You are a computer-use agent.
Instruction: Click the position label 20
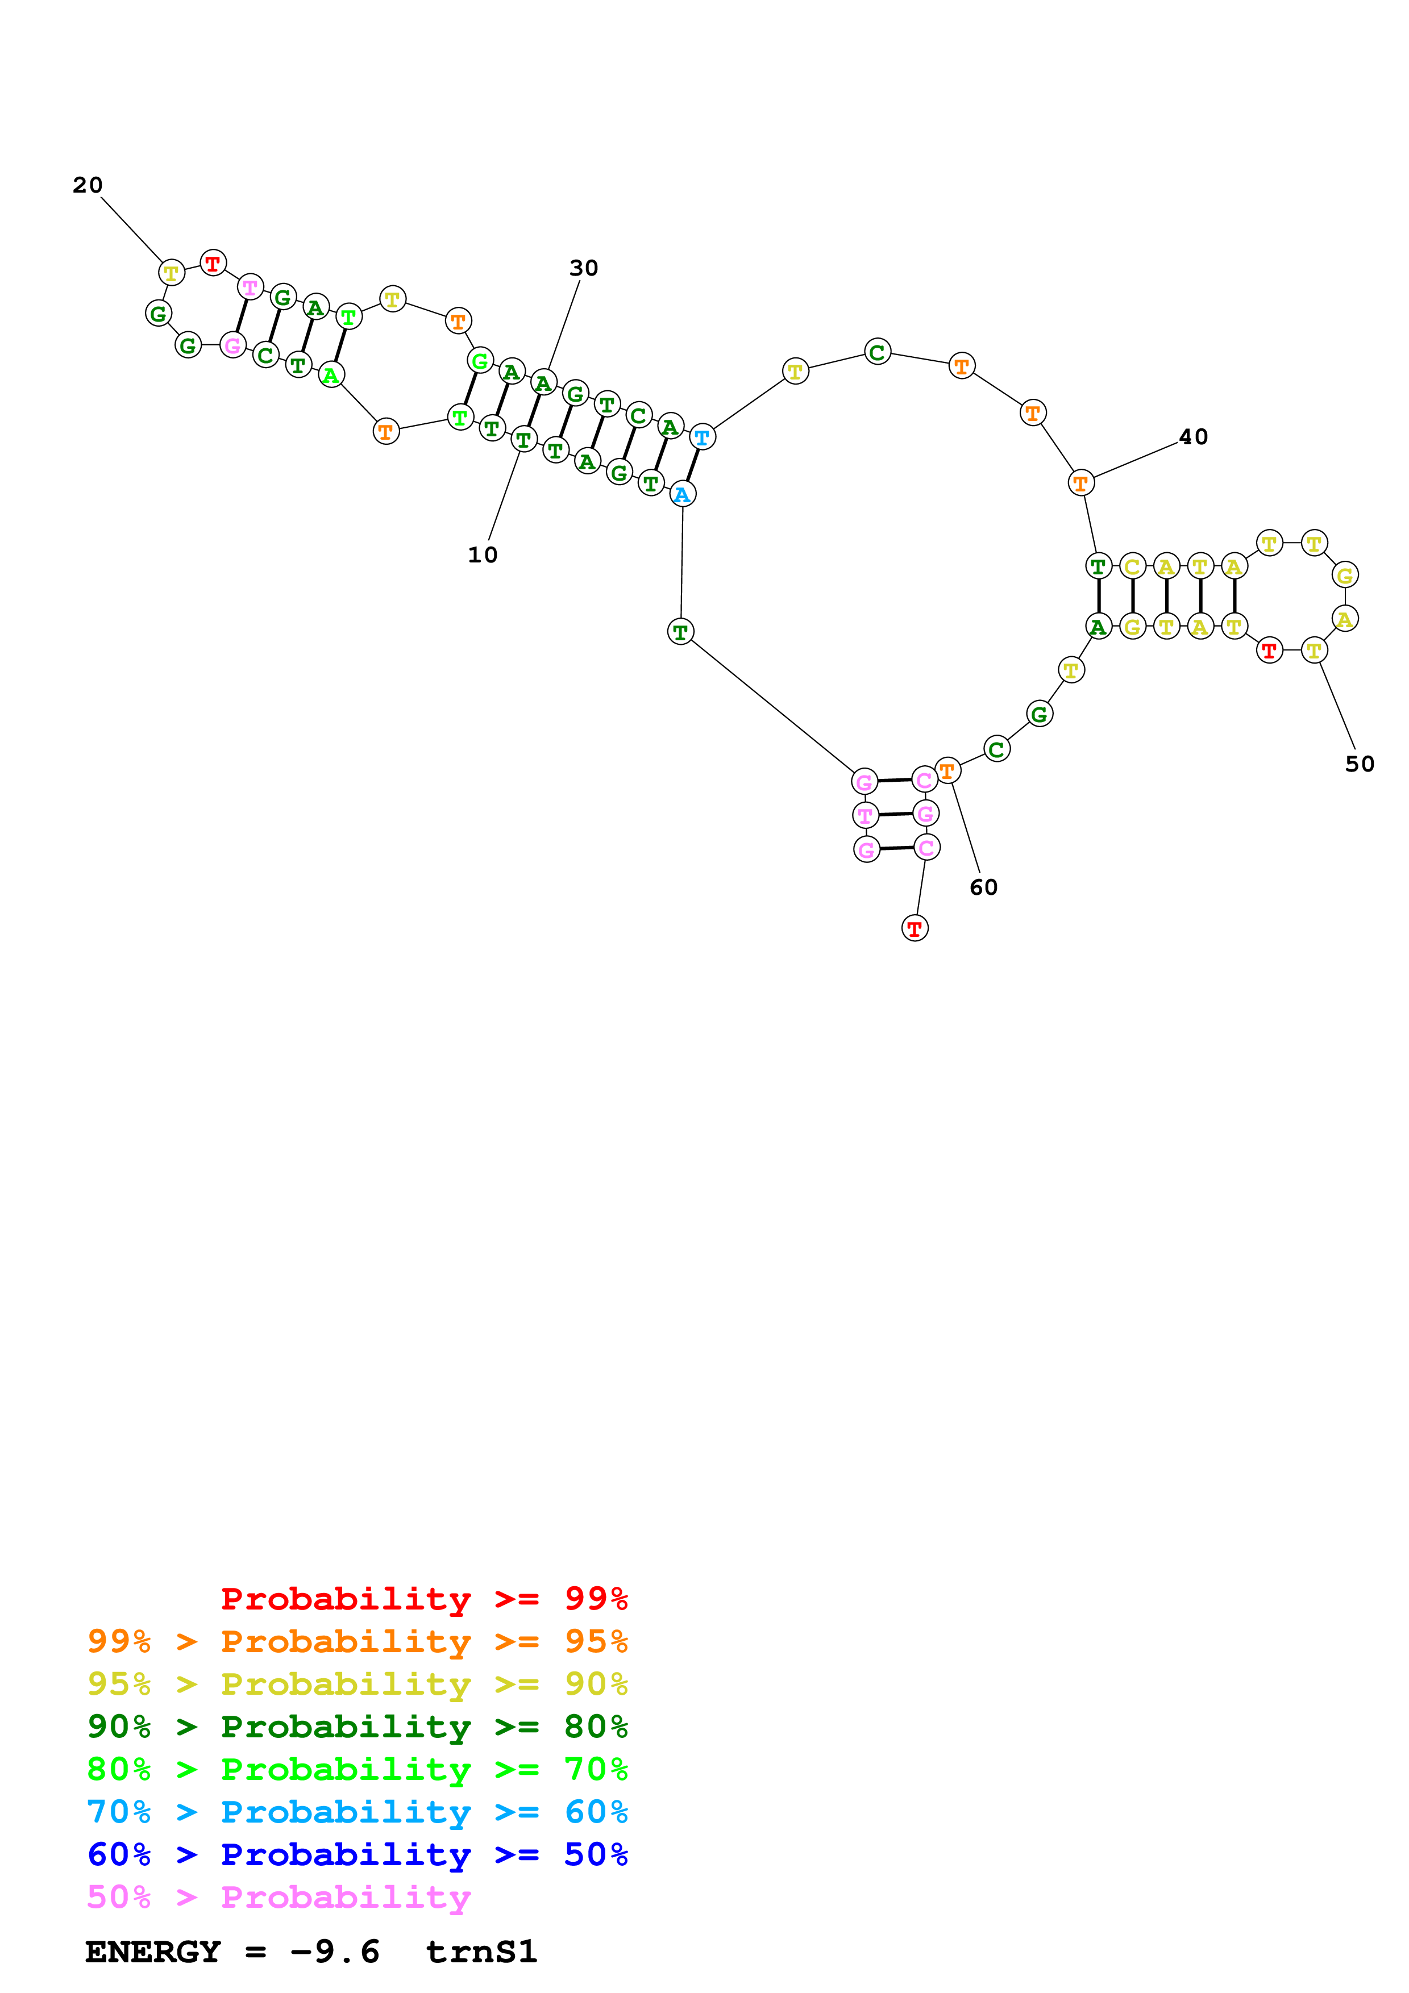coord(88,185)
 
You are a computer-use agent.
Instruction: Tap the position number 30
coord(583,268)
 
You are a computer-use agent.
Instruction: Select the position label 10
coord(483,554)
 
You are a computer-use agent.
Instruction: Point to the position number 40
coord(1193,437)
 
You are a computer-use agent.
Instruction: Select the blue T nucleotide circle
coord(701,437)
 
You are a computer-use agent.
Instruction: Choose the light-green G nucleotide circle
coord(479,360)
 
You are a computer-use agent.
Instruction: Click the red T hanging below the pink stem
coord(914,928)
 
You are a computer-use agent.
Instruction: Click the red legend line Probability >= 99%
coord(423,1598)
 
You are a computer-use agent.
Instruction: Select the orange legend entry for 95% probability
coord(357,1641)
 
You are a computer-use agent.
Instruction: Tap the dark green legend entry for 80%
coord(357,1727)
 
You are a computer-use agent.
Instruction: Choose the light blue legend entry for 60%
coord(357,1812)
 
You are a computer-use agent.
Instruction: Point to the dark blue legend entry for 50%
coord(357,1854)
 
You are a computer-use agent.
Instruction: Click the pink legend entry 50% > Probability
coord(279,1896)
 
